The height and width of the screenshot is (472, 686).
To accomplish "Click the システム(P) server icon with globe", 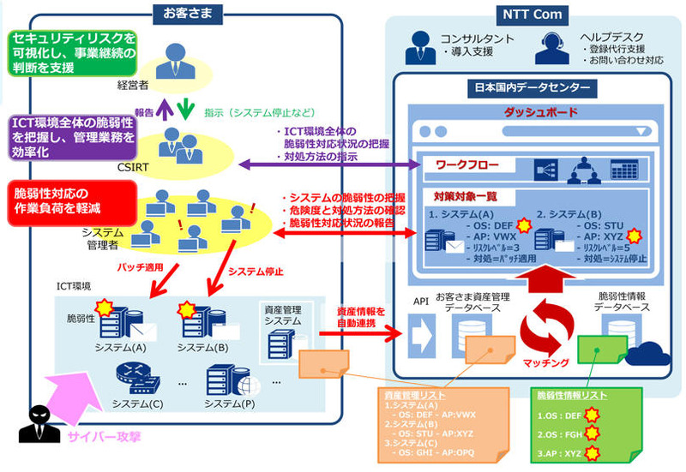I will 226,378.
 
